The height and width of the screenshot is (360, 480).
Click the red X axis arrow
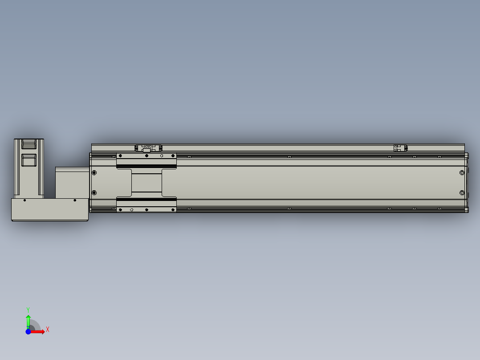click(x=39, y=331)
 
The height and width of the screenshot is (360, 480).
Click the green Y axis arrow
click(x=28, y=319)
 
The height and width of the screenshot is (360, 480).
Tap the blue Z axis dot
click(x=28, y=331)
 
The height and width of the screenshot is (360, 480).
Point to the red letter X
click(x=48, y=330)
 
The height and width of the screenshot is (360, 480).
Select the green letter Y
click(x=28, y=309)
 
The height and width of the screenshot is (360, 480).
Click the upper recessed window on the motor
click(x=29, y=144)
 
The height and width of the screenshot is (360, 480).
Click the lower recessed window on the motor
click(x=29, y=160)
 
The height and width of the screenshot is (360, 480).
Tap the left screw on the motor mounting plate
click(x=24, y=200)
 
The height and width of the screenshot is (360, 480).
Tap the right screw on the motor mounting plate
click(x=75, y=200)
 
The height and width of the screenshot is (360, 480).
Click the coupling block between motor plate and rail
click(x=71, y=182)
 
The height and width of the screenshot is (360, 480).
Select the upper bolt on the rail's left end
click(x=94, y=172)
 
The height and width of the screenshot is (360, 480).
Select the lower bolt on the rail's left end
click(x=94, y=192)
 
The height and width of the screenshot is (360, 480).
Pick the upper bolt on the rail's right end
click(x=462, y=173)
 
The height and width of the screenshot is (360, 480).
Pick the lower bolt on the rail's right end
click(x=462, y=193)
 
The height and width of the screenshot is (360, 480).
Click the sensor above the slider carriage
click(x=146, y=147)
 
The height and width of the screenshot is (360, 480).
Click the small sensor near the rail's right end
click(x=400, y=148)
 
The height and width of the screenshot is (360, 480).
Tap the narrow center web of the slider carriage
click(x=146, y=182)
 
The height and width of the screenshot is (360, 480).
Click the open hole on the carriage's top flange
click(x=162, y=155)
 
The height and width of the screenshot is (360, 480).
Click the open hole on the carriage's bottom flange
click(x=131, y=209)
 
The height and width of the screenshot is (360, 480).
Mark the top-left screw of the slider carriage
click(x=119, y=155)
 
